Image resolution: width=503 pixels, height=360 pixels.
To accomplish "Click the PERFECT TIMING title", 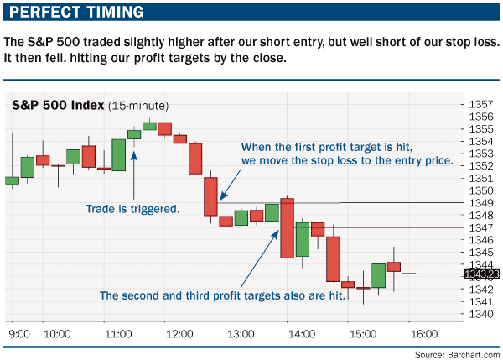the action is [x=76, y=12].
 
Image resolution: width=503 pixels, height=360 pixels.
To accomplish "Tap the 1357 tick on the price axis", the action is [x=481, y=104].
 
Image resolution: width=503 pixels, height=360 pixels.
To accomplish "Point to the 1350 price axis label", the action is [x=481, y=190].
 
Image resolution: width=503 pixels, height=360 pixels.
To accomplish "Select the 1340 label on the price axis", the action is [x=481, y=314].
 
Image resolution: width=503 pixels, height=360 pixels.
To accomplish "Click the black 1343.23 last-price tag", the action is [x=482, y=274].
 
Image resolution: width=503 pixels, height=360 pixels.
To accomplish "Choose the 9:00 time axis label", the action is [x=19, y=334].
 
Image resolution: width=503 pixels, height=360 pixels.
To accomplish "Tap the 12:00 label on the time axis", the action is [x=179, y=334].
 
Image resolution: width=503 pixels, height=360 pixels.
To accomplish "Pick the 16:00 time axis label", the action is [x=424, y=334].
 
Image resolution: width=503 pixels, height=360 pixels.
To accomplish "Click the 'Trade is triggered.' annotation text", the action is [x=132, y=209].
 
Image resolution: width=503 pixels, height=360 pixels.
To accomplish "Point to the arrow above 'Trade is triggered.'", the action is [x=134, y=175].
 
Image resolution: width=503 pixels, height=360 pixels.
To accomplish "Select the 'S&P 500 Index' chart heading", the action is [x=58, y=106].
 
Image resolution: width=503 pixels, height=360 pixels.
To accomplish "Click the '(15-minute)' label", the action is [x=138, y=106].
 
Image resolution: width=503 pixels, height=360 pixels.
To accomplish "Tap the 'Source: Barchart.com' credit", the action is [x=457, y=355].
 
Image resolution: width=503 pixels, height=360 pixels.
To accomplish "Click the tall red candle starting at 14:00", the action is [x=287, y=228].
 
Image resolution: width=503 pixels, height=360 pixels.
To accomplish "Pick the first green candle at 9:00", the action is [x=13, y=180].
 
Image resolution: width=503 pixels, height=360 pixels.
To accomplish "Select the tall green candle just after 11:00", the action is [x=119, y=155].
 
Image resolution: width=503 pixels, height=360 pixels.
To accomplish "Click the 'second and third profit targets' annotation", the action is [x=222, y=295].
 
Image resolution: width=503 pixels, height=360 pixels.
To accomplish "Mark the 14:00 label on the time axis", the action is [x=302, y=334].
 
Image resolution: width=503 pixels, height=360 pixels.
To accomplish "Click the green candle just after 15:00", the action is [x=379, y=275].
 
